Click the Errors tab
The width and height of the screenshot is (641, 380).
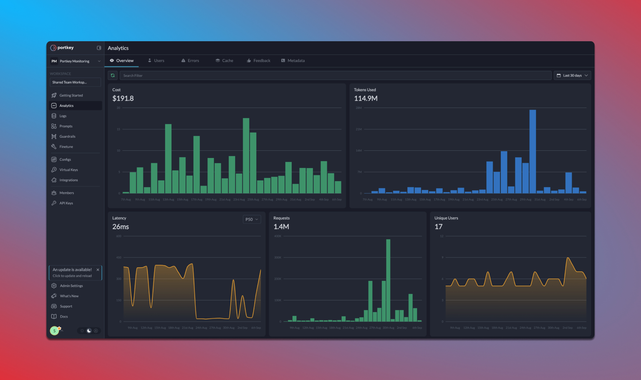click(x=190, y=61)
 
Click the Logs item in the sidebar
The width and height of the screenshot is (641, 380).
click(x=63, y=116)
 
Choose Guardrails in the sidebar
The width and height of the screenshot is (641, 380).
click(x=67, y=136)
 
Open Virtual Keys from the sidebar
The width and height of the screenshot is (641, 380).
click(x=68, y=170)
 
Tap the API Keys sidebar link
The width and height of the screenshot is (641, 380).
click(x=66, y=203)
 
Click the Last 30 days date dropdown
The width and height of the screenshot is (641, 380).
click(x=572, y=75)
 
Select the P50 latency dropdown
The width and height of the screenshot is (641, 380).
click(x=252, y=219)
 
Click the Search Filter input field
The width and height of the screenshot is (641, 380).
click(x=334, y=75)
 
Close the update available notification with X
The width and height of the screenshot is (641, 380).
click(x=98, y=270)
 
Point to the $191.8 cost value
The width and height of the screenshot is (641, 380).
click(x=123, y=98)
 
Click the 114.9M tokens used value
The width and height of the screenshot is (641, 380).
click(x=366, y=98)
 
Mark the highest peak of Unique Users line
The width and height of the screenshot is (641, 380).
click(x=568, y=258)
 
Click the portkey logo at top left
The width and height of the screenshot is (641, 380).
click(x=62, y=48)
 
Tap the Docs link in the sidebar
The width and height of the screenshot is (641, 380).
click(x=63, y=317)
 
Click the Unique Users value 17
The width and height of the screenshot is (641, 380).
click(x=438, y=227)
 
